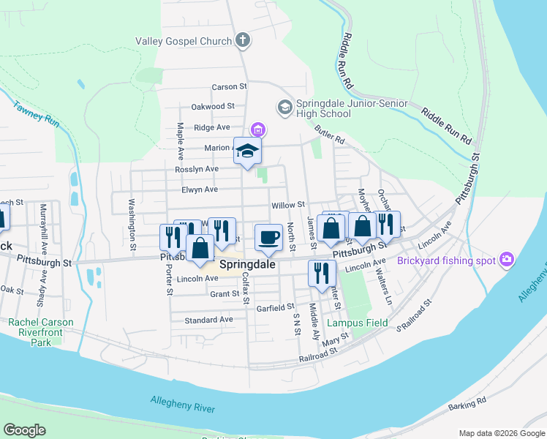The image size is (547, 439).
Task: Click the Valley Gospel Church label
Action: click(x=184, y=42)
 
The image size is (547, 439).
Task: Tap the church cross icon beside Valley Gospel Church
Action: click(x=243, y=41)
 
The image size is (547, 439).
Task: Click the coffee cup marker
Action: click(x=268, y=236)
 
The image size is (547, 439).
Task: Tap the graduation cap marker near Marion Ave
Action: click(x=247, y=151)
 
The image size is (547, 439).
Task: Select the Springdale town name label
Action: click(x=248, y=265)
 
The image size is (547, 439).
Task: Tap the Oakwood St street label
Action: click(x=213, y=106)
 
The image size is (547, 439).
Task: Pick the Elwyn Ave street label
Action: click(x=200, y=190)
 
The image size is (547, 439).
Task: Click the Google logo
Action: click(x=24, y=430)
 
